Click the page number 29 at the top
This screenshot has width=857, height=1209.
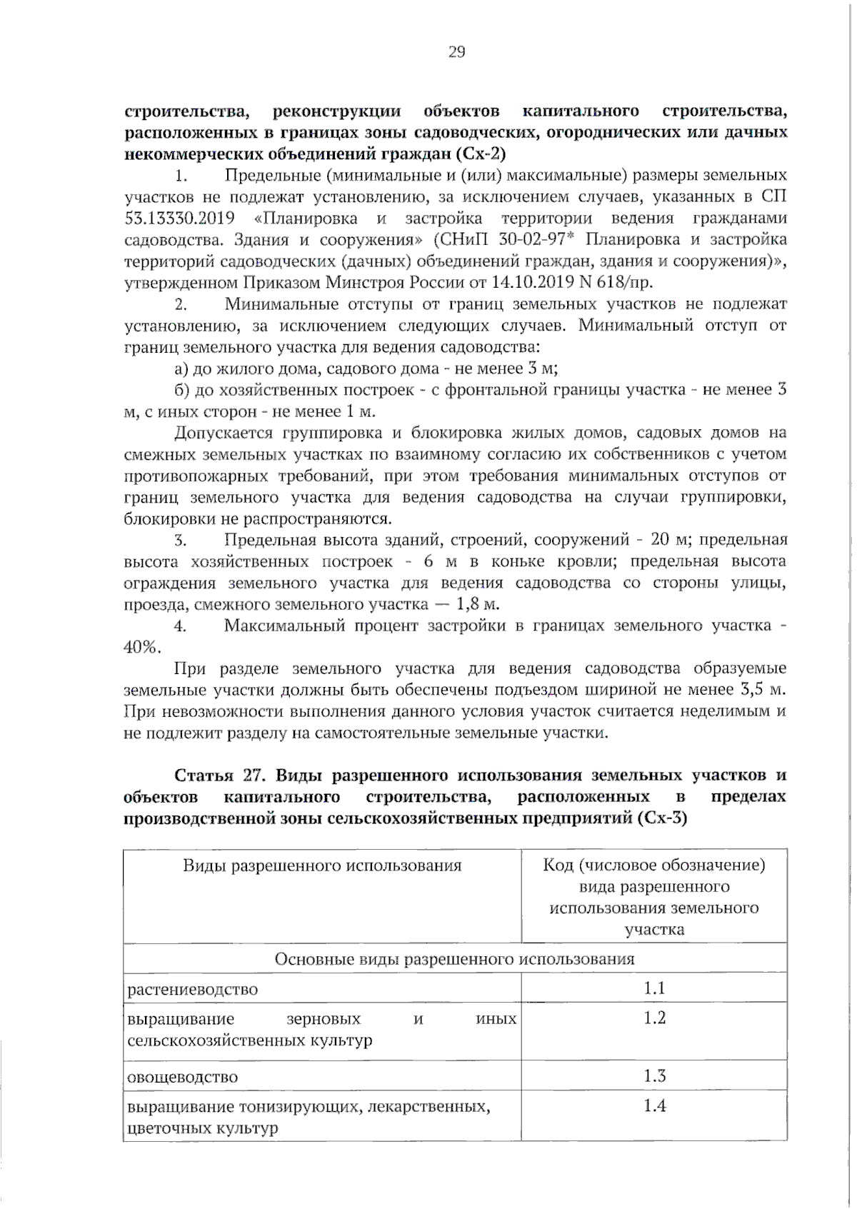456,51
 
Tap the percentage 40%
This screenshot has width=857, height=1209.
141,648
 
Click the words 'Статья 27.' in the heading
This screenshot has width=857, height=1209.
222,776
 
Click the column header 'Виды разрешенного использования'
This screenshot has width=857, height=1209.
322,866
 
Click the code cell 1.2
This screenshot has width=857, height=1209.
654,1018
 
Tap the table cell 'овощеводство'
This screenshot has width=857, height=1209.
183,1077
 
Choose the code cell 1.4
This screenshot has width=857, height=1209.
654,1106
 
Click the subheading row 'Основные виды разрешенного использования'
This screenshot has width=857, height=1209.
455,959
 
